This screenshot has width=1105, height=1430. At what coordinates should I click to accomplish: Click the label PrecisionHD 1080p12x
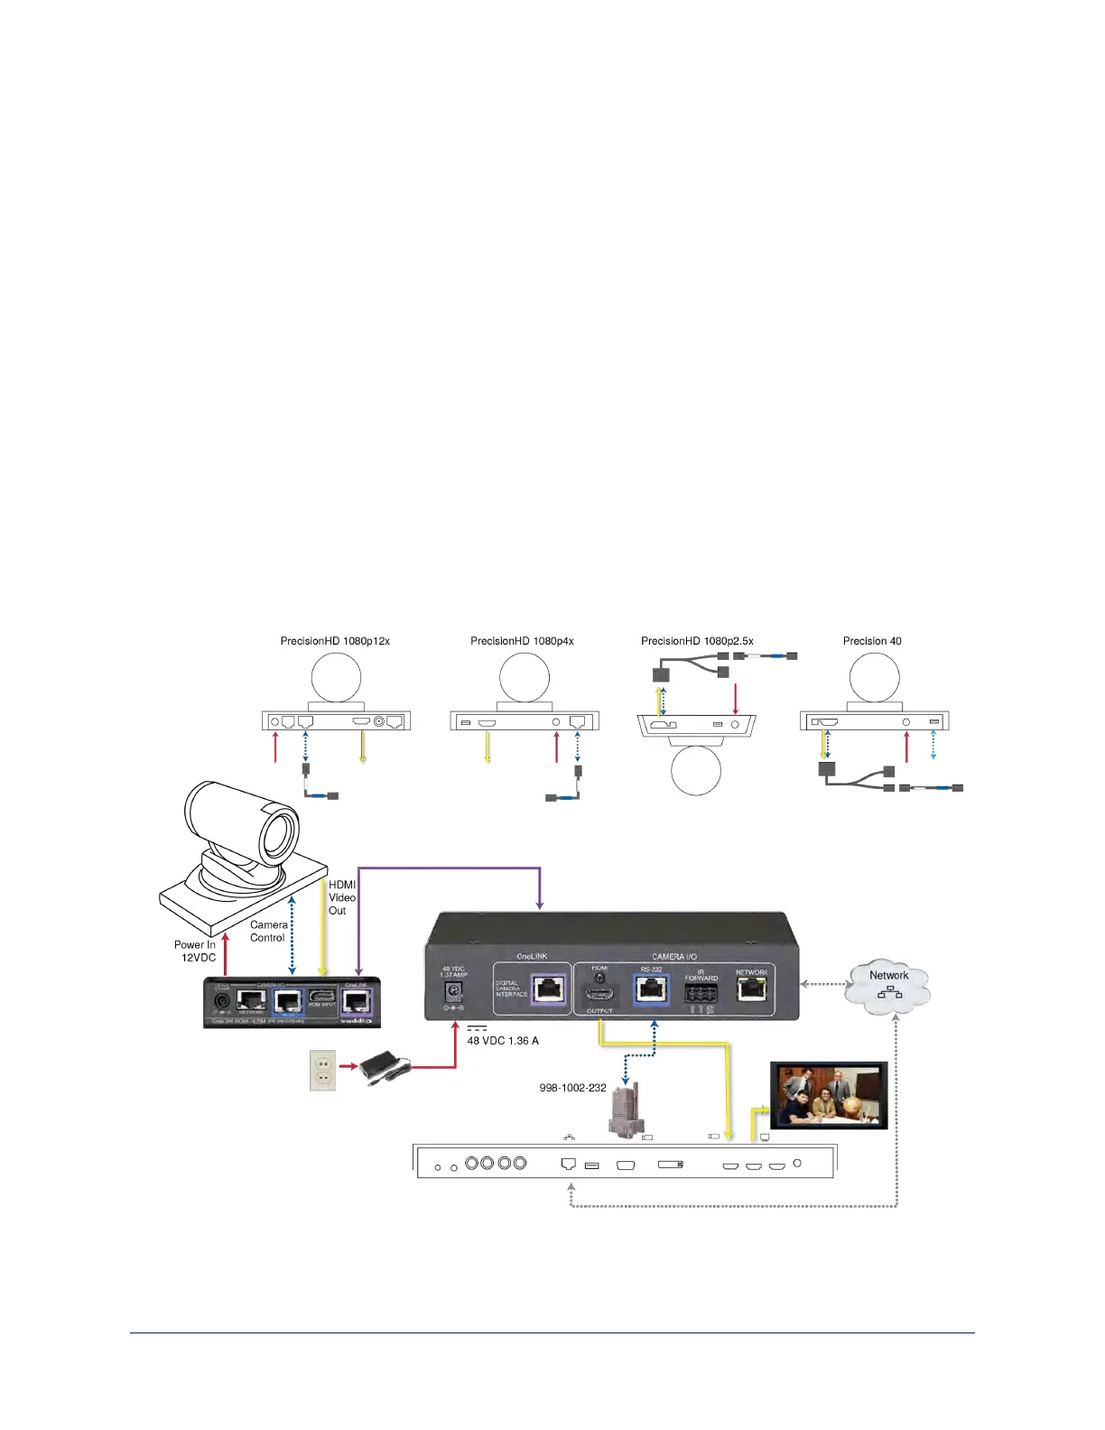tap(335, 641)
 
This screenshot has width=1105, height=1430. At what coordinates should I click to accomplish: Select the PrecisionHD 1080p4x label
tap(522, 641)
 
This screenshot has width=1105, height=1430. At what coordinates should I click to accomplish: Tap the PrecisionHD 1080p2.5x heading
tap(697, 641)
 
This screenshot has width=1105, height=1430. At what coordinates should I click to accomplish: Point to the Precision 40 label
tap(872, 641)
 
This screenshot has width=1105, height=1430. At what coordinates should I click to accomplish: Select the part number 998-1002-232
tap(572, 1088)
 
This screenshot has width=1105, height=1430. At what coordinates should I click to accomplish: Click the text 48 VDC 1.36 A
tap(503, 1041)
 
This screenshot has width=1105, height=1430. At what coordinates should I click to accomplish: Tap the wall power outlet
tap(322, 1070)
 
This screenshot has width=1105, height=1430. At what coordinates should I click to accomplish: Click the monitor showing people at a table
tap(829, 1095)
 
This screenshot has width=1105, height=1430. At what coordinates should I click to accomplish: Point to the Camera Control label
tap(268, 931)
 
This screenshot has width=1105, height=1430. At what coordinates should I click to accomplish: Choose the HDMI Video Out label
tap(341, 897)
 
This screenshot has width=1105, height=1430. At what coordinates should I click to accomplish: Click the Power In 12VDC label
tap(196, 951)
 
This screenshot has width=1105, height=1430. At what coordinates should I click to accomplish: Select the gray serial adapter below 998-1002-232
tap(624, 1112)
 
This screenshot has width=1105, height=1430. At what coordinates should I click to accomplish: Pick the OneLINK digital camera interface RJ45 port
tap(549, 989)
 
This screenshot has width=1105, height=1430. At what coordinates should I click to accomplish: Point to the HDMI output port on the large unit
tap(599, 994)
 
